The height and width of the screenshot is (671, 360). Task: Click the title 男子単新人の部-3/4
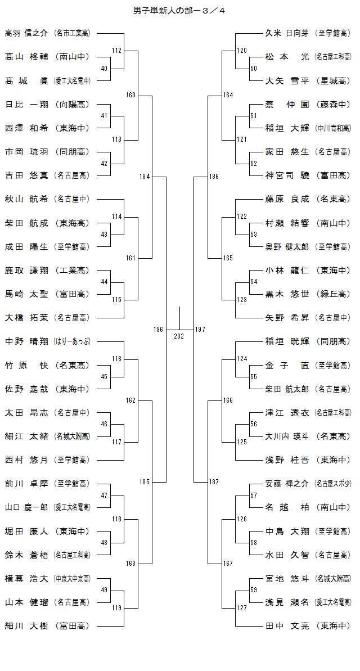tap(180, 10)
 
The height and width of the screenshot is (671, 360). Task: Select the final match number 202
tap(179, 336)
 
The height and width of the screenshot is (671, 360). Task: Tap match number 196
tap(158, 329)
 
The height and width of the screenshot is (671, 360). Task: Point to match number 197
tap(200, 329)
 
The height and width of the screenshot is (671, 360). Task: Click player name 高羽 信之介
tap(26, 33)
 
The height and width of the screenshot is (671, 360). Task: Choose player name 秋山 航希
tap(26, 199)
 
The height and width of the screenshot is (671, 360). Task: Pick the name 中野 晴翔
tap(26, 341)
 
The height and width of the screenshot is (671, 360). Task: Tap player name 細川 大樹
tap(26, 625)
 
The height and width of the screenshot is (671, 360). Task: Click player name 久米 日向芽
tap(287, 33)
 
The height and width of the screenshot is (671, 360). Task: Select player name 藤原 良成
tap(287, 199)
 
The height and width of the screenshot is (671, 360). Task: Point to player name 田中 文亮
tap(287, 625)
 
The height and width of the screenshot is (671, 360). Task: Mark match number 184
tap(145, 177)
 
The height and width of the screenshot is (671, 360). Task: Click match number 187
tap(214, 482)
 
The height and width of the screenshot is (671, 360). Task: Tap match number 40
tap(104, 69)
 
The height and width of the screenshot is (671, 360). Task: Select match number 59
tap(254, 590)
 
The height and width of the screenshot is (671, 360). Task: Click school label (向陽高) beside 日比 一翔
tap(71, 104)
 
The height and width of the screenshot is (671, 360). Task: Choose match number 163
tap(130, 564)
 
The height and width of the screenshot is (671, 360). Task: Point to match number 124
tap(241, 359)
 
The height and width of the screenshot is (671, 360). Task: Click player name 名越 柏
tap(287, 507)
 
